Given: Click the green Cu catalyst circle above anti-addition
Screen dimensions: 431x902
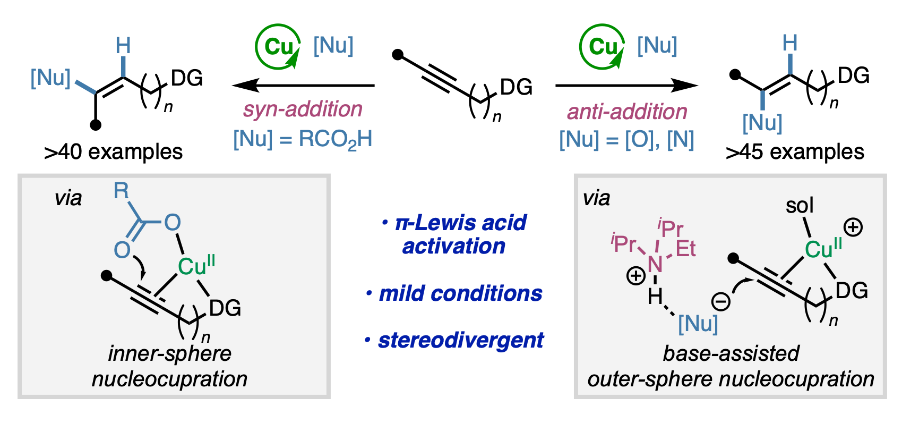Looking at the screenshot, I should pos(602,47).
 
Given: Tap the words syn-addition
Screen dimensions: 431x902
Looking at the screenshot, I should pos(303,109).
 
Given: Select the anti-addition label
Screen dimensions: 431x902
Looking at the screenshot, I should pos(627,112).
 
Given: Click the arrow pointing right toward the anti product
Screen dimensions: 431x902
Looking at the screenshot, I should pos(626,85).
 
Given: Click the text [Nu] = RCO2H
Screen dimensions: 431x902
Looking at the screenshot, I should pos(303,140).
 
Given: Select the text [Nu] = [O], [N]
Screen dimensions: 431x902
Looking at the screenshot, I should pos(626,140).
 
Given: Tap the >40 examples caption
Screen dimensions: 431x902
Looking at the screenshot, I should pos(113,153).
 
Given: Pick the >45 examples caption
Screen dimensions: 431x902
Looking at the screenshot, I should pos(795,153).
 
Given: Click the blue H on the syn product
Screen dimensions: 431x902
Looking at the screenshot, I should pos(123,46).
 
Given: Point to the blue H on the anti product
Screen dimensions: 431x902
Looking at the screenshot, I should pos(790,43).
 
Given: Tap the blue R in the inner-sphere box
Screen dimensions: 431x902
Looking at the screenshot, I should pos(122,190).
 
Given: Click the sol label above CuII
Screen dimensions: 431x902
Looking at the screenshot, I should pos(800,206).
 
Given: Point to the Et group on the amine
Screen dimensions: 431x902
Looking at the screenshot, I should pos(685,248).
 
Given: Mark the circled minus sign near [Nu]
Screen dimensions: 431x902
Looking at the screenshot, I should pos(720,302).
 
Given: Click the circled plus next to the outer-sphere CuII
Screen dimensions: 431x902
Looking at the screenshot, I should pos(853,228).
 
